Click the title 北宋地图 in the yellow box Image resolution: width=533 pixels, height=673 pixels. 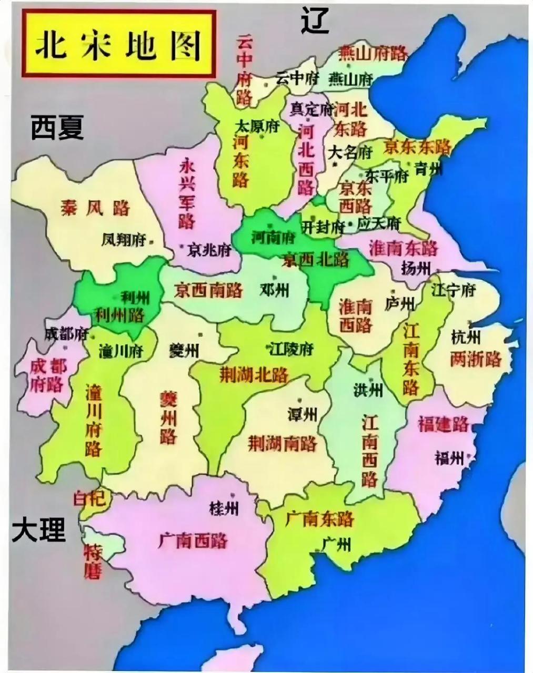118,45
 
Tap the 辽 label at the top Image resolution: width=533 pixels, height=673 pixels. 315,21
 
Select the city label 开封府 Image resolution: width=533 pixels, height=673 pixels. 323,227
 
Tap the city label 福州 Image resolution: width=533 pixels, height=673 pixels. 449,458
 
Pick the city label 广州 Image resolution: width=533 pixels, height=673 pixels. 336,544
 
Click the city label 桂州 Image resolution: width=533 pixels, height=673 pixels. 224,508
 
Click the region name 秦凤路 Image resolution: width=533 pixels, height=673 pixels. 95,208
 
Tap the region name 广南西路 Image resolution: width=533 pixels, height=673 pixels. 193,540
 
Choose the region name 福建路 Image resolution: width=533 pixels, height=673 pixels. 443,424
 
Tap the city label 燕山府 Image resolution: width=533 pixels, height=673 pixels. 350,79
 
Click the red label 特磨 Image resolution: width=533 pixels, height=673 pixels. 93,561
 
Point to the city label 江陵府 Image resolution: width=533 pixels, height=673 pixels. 291,349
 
